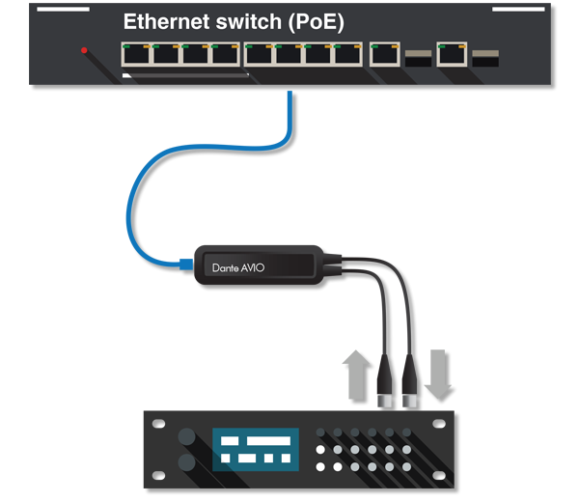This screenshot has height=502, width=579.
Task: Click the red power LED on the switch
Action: click(x=85, y=50)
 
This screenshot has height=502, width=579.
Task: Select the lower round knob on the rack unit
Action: click(x=186, y=462)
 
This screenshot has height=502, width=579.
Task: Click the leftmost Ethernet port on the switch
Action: click(x=136, y=54)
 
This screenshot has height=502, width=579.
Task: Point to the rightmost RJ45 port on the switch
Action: click(x=451, y=54)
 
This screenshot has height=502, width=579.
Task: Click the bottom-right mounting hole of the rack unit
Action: click(x=446, y=478)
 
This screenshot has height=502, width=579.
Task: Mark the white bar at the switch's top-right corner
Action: click(x=518, y=10)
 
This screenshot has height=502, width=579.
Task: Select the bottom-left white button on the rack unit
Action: click(x=320, y=467)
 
